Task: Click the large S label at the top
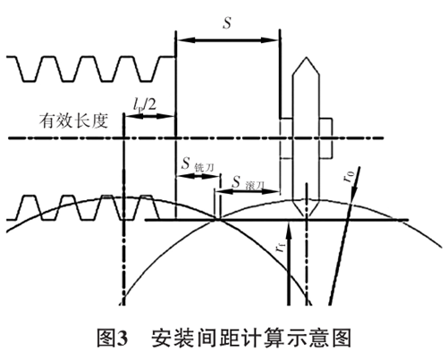(x=227, y=22)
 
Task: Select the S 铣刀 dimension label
(x=198, y=164)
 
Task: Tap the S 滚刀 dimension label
(x=249, y=183)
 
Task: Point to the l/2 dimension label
(x=145, y=105)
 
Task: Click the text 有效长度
(x=73, y=121)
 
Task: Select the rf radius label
(x=281, y=247)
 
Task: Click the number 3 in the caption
(x=122, y=339)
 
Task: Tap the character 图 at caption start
(x=106, y=338)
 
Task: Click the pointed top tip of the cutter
(x=306, y=57)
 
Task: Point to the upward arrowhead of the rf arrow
(x=288, y=227)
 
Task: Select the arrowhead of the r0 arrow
(x=354, y=195)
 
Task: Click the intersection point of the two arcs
(x=218, y=220)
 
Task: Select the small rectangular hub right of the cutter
(x=326, y=138)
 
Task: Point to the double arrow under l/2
(x=149, y=116)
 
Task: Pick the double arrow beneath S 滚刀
(x=249, y=192)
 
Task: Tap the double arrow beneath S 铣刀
(x=198, y=176)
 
